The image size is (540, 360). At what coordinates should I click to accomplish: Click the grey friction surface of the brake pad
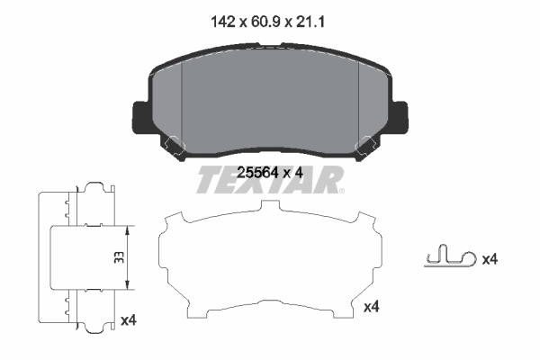pos(270,99)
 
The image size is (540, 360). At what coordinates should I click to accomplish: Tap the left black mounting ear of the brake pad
pos(140,115)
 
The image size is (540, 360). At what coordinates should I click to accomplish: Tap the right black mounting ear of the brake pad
pos(399,115)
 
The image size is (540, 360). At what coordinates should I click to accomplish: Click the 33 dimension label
pos(119,256)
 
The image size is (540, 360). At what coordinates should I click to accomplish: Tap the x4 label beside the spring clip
pos(490,259)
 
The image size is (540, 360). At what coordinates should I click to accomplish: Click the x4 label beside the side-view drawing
pos(128,319)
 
